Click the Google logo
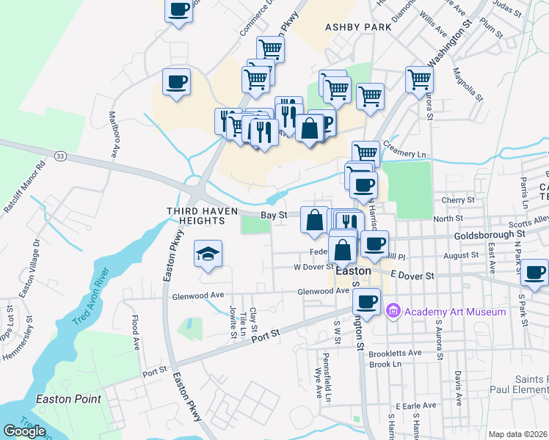[x=24, y=430]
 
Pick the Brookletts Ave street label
[x=396, y=353]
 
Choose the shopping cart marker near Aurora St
[x=418, y=79]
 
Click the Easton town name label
[x=355, y=269]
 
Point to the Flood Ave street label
[x=135, y=331]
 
